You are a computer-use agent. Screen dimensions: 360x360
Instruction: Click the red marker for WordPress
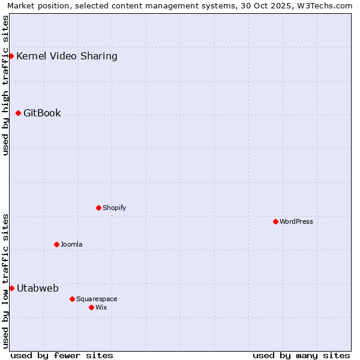pos(275,221)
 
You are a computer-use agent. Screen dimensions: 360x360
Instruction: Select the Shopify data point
pos(98,208)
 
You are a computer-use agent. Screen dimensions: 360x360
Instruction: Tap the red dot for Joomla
pos(56,244)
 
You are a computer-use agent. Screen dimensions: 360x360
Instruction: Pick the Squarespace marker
pos(72,299)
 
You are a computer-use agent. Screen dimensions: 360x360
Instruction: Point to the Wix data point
pos(91,307)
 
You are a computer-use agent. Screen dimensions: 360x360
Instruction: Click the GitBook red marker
pos(18,113)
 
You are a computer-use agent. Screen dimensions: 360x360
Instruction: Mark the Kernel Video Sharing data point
pos(11,56)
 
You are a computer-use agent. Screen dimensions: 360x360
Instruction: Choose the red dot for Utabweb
pos(11,288)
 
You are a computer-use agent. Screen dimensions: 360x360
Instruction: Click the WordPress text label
pos(296,221)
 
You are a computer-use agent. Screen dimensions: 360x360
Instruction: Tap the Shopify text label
pos(114,208)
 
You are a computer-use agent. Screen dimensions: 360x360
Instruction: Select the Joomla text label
pos(71,244)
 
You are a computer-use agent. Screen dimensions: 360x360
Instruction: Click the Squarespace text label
pos(97,299)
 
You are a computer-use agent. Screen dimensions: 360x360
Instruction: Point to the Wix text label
pos(101,307)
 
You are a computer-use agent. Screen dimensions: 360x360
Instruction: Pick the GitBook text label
pos(42,113)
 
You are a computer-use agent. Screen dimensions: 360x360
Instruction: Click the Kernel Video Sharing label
pos(67,56)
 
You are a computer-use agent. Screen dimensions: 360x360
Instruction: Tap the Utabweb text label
pos(38,288)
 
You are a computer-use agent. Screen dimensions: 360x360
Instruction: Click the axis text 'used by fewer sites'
pos(62,355)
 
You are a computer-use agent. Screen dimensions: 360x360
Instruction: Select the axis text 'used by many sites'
pos(301,355)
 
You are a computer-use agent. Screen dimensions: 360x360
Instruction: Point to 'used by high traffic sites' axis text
pos(5,85)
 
